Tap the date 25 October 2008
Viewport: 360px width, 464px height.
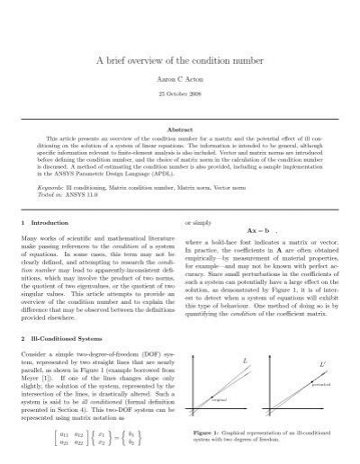(180, 94)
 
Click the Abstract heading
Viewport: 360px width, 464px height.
(180, 129)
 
